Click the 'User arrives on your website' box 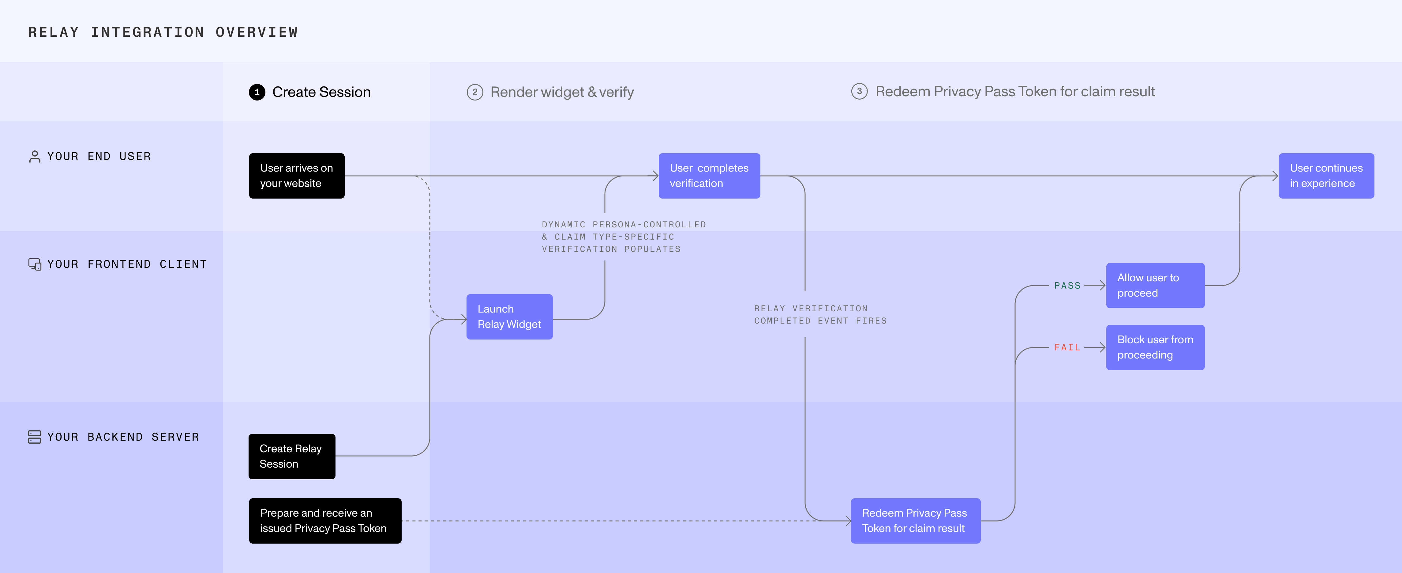(297, 176)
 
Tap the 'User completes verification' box (709, 176)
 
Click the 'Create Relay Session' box (292, 457)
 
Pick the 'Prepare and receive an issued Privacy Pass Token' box (325, 521)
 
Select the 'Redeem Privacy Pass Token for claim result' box (916, 521)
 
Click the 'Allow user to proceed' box (1155, 285)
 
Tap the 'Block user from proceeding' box (1155, 347)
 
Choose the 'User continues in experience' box (1326, 176)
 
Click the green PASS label (1067, 285)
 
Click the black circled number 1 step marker (257, 92)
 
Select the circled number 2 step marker (474, 92)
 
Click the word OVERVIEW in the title (257, 32)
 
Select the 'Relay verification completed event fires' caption (820, 315)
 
